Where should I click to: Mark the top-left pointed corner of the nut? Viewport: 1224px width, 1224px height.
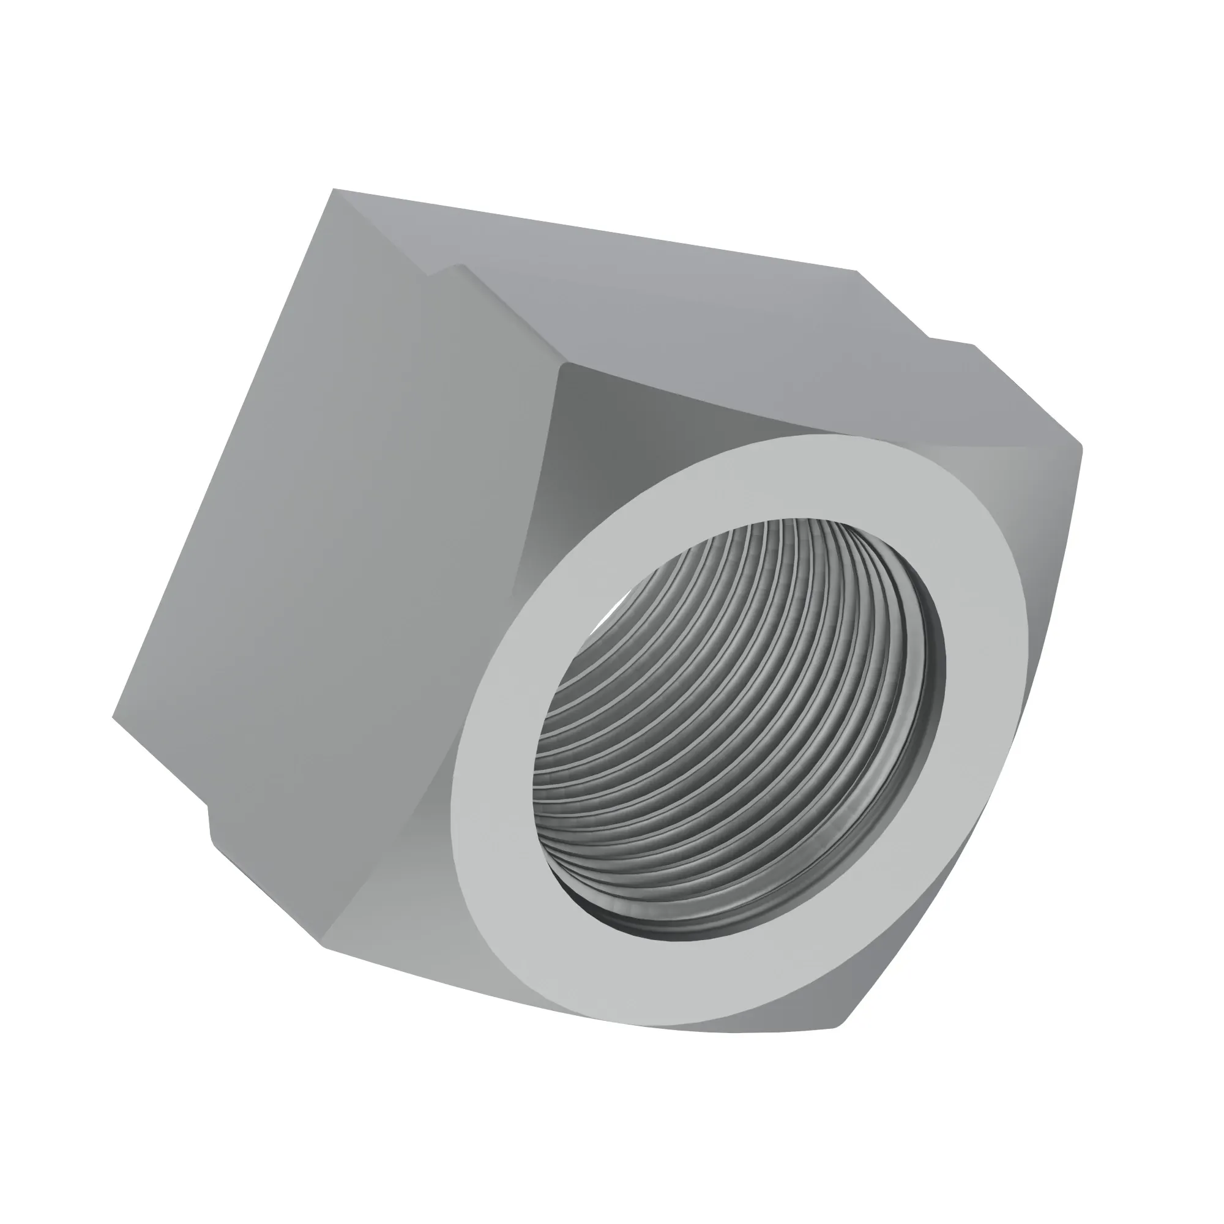point(334,190)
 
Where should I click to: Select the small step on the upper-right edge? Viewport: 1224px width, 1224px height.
point(950,340)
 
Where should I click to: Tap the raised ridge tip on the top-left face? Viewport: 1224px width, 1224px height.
point(463,266)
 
